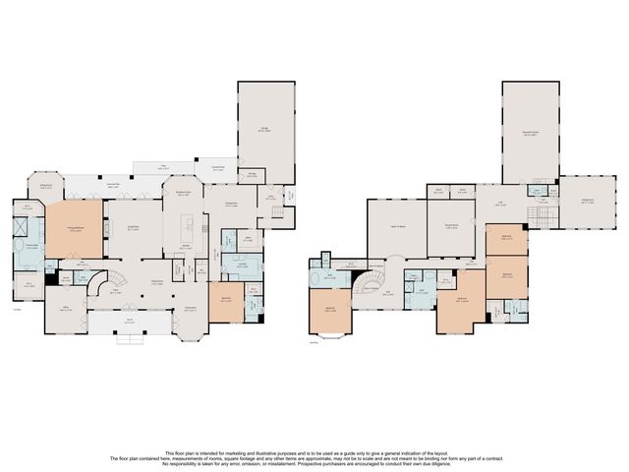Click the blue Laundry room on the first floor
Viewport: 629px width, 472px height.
pyautogui.click(x=242, y=265)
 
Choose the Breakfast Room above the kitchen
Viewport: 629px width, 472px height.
pyautogui.click(x=184, y=195)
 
